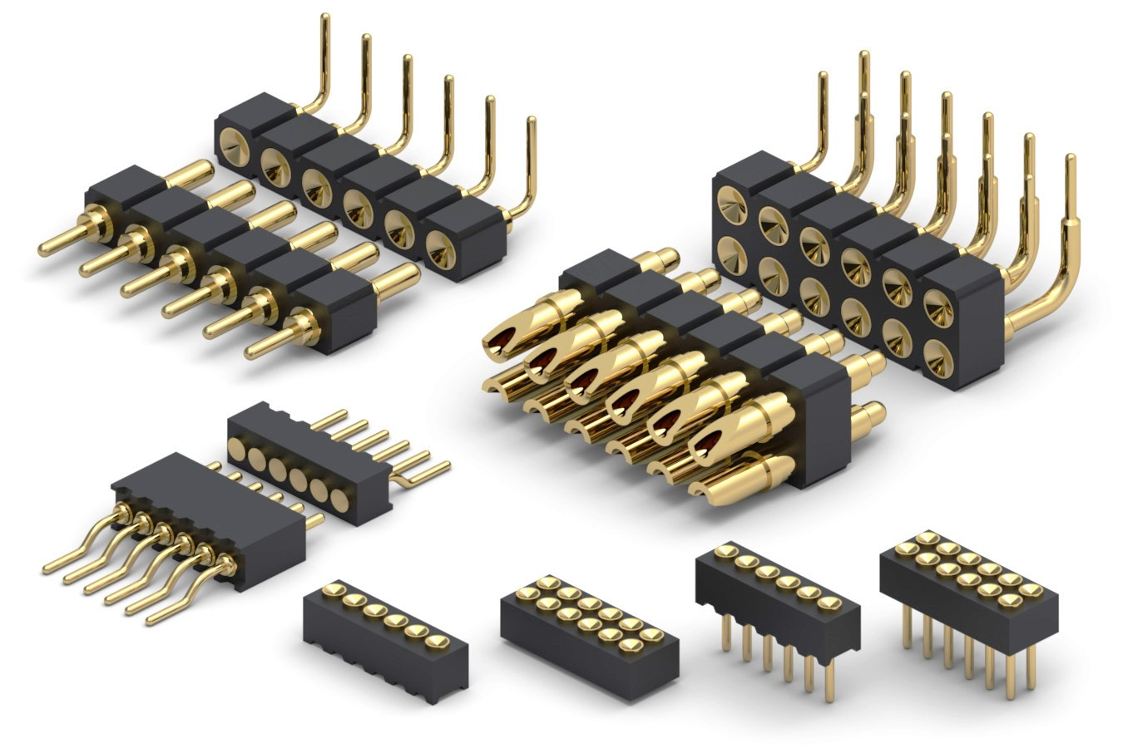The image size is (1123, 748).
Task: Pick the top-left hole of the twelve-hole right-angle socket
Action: tap(732, 202)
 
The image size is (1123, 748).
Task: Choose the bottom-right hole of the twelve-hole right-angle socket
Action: tap(937, 354)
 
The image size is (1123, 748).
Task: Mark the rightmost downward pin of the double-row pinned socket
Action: tap(1031, 673)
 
